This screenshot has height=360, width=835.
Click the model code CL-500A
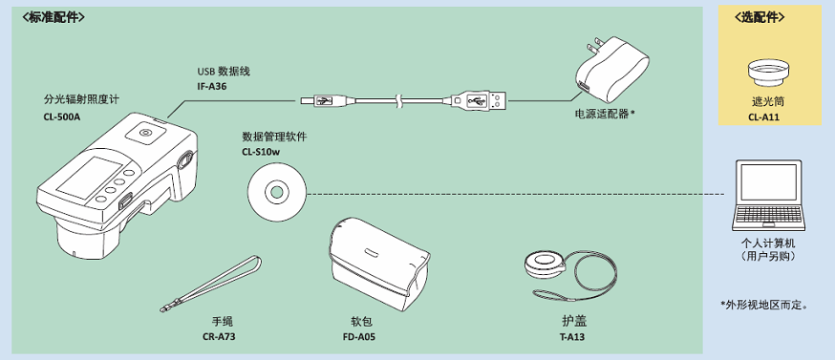61,117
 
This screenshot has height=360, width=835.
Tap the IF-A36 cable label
212,86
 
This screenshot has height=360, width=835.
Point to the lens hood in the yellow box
767,73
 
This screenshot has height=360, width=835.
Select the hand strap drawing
211,284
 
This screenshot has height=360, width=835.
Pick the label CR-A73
219,336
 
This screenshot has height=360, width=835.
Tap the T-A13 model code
572,336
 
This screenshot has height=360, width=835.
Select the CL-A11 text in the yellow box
767,117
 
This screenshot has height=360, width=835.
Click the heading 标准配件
54,17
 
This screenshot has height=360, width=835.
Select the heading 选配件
767,17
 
